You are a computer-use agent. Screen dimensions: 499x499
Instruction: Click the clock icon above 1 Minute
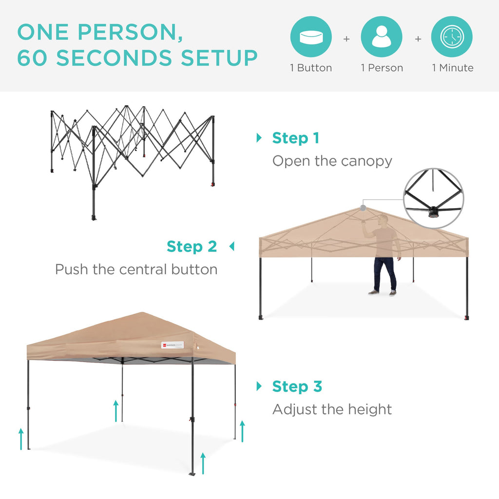click(x=452, y=37)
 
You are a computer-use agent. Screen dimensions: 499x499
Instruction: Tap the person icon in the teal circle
click(x=382, y=37)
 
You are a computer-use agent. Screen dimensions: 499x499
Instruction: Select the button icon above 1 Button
click(x=311, y=37)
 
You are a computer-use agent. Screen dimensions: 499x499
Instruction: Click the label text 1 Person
click(x=382, y=68)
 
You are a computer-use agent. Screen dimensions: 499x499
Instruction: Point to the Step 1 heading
click(x=295, y=138)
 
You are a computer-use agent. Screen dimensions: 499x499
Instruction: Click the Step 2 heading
click(x=192, y=247)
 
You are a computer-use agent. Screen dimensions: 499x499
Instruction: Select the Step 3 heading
click(x=297, y=386)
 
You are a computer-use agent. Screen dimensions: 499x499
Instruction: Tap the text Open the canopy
click(x=332, y=161)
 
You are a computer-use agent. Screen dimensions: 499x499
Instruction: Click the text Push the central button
click(x=136, y=269)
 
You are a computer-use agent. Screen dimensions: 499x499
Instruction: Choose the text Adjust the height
click(x=332, y=409)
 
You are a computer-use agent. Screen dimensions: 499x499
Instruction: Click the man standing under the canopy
click(x=384, y=256)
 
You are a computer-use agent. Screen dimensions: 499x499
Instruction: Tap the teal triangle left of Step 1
click(x=259, y=138)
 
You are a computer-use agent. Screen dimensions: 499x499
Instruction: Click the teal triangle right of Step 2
click(x=231, y=247)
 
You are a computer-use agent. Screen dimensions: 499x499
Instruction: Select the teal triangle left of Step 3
click(x=259, y=386)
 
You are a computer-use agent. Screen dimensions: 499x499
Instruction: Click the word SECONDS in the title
click(x=114, y=58)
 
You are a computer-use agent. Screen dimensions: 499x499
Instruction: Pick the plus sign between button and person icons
click(x=346, y=38)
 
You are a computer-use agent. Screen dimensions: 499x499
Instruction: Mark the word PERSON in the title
click(x=129, y=32)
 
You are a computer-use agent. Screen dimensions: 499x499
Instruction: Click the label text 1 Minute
click(x=452, y=68)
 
